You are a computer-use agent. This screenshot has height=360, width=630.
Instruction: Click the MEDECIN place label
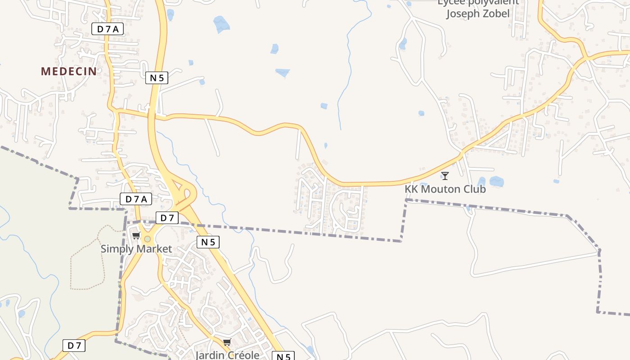coord(69,71)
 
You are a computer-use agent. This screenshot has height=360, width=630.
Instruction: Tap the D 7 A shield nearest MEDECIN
coord(108,29)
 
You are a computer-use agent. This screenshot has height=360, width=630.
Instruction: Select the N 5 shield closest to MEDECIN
coord(157,78)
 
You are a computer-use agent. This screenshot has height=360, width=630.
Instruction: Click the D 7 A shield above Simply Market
coord(136,199)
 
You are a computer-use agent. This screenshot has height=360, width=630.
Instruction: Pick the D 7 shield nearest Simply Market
coord(167,218)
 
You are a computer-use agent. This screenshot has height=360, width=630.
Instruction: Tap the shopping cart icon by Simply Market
coord(136,235)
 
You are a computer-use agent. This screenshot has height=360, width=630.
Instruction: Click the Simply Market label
coord(136,249)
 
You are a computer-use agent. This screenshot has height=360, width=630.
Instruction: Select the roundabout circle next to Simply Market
coord(147,239)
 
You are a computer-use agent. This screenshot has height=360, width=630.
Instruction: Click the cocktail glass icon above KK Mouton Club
coord(445,175)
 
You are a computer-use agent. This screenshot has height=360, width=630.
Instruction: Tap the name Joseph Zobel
coord(478,13)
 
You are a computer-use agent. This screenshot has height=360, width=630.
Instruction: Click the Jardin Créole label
coord(227,355)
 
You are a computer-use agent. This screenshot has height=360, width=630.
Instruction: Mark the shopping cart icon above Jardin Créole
coord(227,342)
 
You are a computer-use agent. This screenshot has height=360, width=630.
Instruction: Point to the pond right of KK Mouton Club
coord(496,181)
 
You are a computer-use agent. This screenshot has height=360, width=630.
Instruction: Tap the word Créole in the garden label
coord(243,355)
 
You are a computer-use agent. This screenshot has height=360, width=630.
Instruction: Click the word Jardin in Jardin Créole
coord(209,355)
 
